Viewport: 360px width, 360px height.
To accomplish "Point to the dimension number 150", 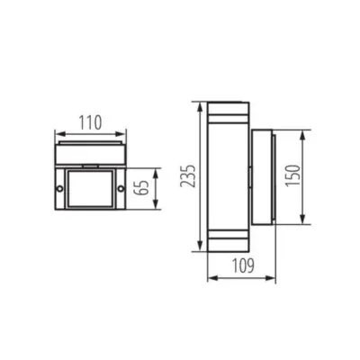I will click(x=315, y=178).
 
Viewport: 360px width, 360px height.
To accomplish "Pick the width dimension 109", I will click(x=238, y=267).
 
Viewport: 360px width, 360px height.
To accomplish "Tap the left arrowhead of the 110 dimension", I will click(x=57, y=130).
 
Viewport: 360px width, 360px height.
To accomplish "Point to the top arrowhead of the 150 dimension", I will click(x=303, y=132).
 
